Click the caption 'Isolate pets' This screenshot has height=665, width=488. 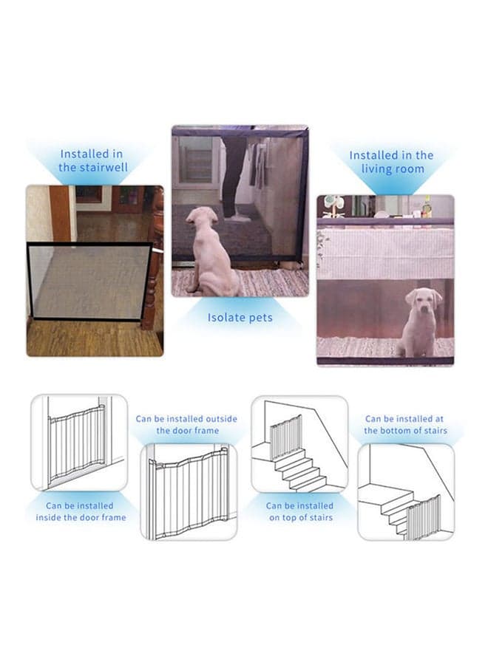click(x=240, y=318)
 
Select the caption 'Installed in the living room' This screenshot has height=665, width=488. click(x=391, y=162)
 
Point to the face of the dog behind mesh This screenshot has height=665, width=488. click(x=423, y=301)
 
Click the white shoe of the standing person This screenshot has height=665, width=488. click(x=237, y=217)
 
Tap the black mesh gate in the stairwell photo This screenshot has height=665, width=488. click(x=89, y=281)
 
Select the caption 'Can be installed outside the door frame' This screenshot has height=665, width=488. click(x=187, y=425)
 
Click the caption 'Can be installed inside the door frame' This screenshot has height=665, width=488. click(x=81, y=511)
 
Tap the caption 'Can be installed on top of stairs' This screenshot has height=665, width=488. click(x=300, y=511)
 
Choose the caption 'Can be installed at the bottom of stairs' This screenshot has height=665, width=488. click(x=405, y=425)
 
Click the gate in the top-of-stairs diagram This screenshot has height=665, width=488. click(x=286, y=437)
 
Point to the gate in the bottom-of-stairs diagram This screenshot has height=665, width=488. click(x=423, y=517)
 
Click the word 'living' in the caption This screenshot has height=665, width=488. click(x=376, y=168)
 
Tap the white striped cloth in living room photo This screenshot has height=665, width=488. click(x=385, y=253)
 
